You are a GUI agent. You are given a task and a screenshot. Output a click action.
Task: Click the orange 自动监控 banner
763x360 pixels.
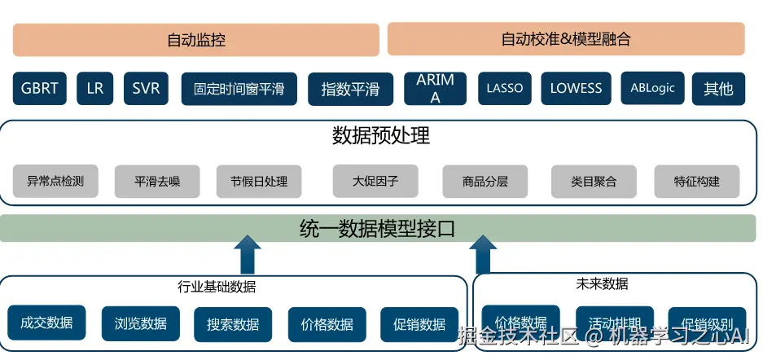(x=195, y=39)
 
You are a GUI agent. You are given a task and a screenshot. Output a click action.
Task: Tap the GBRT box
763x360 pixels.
(x=39, y=89)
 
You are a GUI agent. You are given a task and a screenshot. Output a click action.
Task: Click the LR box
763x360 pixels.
(x=95, y=89)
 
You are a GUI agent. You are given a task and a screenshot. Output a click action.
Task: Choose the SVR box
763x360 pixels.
(x=147, y=89)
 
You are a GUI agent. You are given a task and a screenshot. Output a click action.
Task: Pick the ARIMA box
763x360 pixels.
(x=435, y=89)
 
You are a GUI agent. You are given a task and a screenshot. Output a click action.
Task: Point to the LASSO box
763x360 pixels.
(x=505, y=89)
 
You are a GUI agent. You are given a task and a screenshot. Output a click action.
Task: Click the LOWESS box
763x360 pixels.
(x=576, y=89)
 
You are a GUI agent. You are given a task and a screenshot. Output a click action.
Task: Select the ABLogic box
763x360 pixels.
(x=652, y=89)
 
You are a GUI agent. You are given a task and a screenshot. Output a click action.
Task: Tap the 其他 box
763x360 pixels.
(x=718, y=89)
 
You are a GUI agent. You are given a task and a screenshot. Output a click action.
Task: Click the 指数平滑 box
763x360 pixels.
(x=350, y=89)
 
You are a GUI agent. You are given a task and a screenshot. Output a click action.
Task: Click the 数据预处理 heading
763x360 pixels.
(x=381, y=136)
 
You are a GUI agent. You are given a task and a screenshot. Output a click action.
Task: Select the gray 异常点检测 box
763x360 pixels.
(x=55, y=182)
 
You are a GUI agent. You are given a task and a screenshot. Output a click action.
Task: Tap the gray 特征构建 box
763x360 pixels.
(x=697, y=182)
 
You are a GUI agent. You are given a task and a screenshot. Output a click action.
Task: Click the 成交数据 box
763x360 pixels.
(x=46, y=323)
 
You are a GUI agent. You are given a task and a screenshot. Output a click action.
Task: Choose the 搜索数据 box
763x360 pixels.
(x=233, y=324)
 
